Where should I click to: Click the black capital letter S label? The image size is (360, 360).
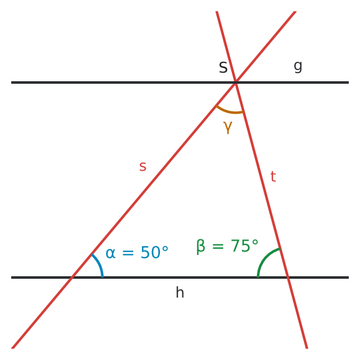tap(223, 67)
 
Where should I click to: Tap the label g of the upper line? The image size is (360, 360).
tap(298, 67)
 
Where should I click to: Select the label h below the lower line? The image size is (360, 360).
tap(180, 292)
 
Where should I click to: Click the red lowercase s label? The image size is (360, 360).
tap(142, 166)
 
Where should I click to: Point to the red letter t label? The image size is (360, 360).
tap(273, 176)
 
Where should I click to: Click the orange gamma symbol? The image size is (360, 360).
tap(227, 127)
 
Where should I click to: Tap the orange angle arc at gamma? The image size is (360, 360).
tap(229, 112)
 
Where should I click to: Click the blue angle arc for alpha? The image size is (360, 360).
tap(99, 264)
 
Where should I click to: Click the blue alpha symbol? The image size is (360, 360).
tap(111, 254)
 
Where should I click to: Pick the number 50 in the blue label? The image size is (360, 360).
tap(150, 252)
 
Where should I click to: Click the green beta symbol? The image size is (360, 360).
tap(201, 247)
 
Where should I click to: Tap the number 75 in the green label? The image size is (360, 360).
tap(240, 246)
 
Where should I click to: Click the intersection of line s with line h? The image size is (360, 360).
tap(72, 277)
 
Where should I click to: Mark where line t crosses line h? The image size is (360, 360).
tap(288, 277)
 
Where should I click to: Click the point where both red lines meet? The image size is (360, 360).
tap(236, 82)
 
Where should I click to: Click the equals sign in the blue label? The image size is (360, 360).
tap(128, 253)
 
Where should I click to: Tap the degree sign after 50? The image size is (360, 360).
tap(165, 249)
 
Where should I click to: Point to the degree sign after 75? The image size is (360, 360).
tap(255, 242)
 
